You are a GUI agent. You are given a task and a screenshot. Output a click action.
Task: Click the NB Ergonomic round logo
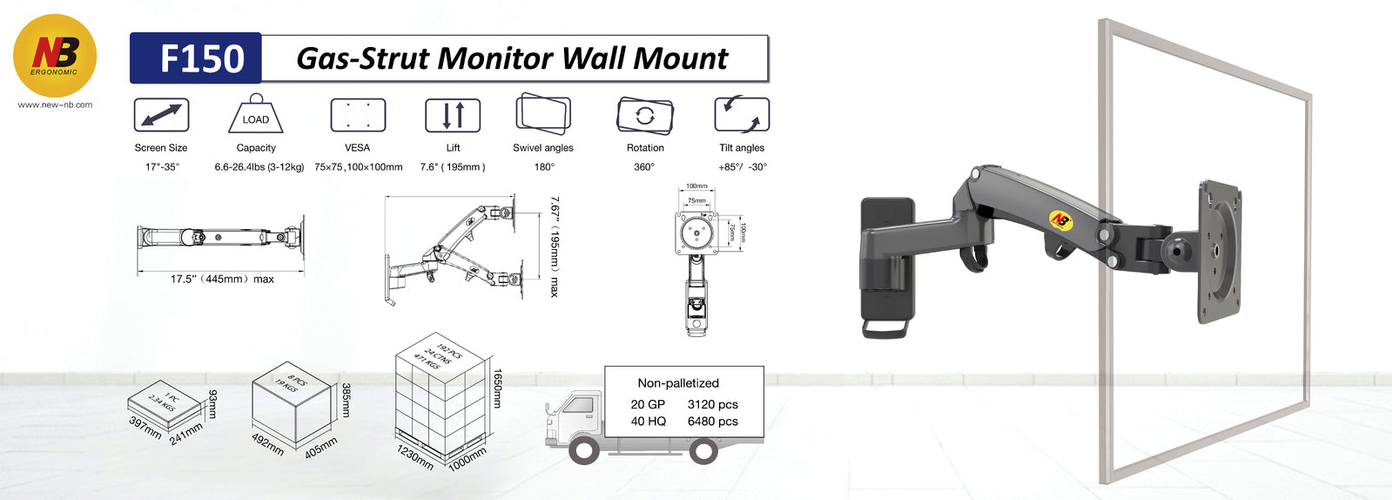[x=55, y=55]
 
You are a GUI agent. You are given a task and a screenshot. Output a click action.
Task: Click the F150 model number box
[x=197, y=58]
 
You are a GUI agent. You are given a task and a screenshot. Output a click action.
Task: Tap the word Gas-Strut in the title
[x=362, y=58]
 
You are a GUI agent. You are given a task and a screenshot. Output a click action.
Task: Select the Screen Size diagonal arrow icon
[x=161, y=115]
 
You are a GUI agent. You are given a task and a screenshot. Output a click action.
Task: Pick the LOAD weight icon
[x=255, y=116]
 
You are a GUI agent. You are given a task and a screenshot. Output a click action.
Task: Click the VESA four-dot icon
[x=358, y=115]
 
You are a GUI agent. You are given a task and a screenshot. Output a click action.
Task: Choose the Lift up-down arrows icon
[x=453, y=115]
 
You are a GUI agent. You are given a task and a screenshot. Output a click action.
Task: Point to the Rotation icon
[x=645, y=115]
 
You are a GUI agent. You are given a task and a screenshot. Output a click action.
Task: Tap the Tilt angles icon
[x=742, y=114]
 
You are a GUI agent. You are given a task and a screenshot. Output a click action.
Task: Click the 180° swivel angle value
[x=544, y=167]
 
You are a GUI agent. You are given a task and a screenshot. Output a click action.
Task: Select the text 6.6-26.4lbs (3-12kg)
[x=259, y=167]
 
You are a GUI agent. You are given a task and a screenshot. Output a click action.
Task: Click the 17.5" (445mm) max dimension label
[x=222, y=279]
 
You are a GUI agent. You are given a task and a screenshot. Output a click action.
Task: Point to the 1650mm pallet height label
[x=498, y=389]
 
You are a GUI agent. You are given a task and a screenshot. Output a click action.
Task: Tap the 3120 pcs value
[x=713, y=404]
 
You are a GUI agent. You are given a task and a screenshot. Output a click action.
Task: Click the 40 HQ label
[x=649, y=421]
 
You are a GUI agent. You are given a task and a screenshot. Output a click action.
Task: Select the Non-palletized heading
[x=678, y=383]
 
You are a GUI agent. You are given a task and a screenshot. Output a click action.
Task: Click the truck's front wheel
[x=583, y=449]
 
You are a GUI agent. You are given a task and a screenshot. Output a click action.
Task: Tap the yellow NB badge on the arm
[x=1060, y=220]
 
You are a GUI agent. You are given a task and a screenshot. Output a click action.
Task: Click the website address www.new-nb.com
[x=55, y=105]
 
